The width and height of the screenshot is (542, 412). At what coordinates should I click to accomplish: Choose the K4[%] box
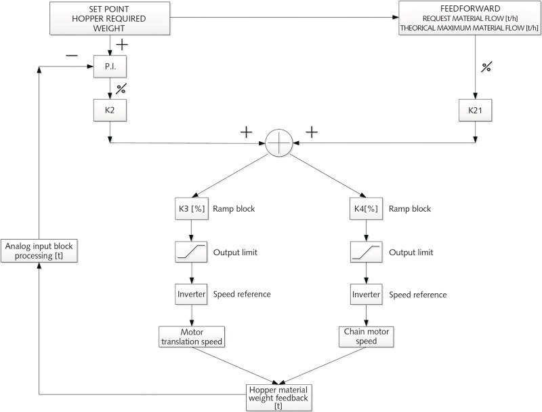pyautogui.click(x=367, y=208)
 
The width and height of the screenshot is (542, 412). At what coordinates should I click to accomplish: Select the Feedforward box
pyautogui.click(x=470, y=18)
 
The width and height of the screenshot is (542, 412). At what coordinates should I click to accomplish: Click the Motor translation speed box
pyautogui.click(x=192, y=337)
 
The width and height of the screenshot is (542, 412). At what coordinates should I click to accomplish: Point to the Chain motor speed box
pyautogui.click(x=366, y=337)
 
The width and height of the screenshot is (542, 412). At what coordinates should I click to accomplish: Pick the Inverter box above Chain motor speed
pyautogui.click(x=366, y=295)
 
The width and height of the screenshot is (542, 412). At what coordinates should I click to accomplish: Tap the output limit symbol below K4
pyautogui.click(x=366, y=252)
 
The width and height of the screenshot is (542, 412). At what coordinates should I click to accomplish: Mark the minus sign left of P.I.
pyautogui.click(x=72, y=56)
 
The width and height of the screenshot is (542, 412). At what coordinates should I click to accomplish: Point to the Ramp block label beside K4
pyautogui.click(x=411, y=209)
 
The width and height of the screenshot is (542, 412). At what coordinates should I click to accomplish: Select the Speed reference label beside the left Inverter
pyautogui.click(x=242, y=295)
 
